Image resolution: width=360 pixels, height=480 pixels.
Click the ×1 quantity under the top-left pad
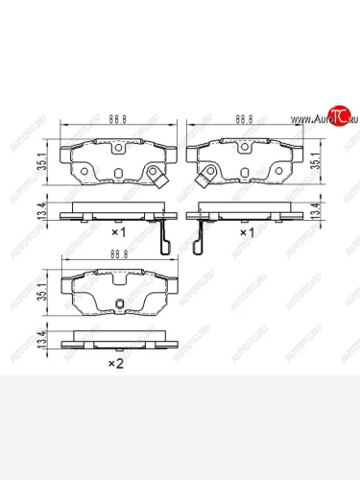(x=119, y=233)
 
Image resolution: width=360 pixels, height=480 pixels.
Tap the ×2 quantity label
(x=115, y=363)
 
